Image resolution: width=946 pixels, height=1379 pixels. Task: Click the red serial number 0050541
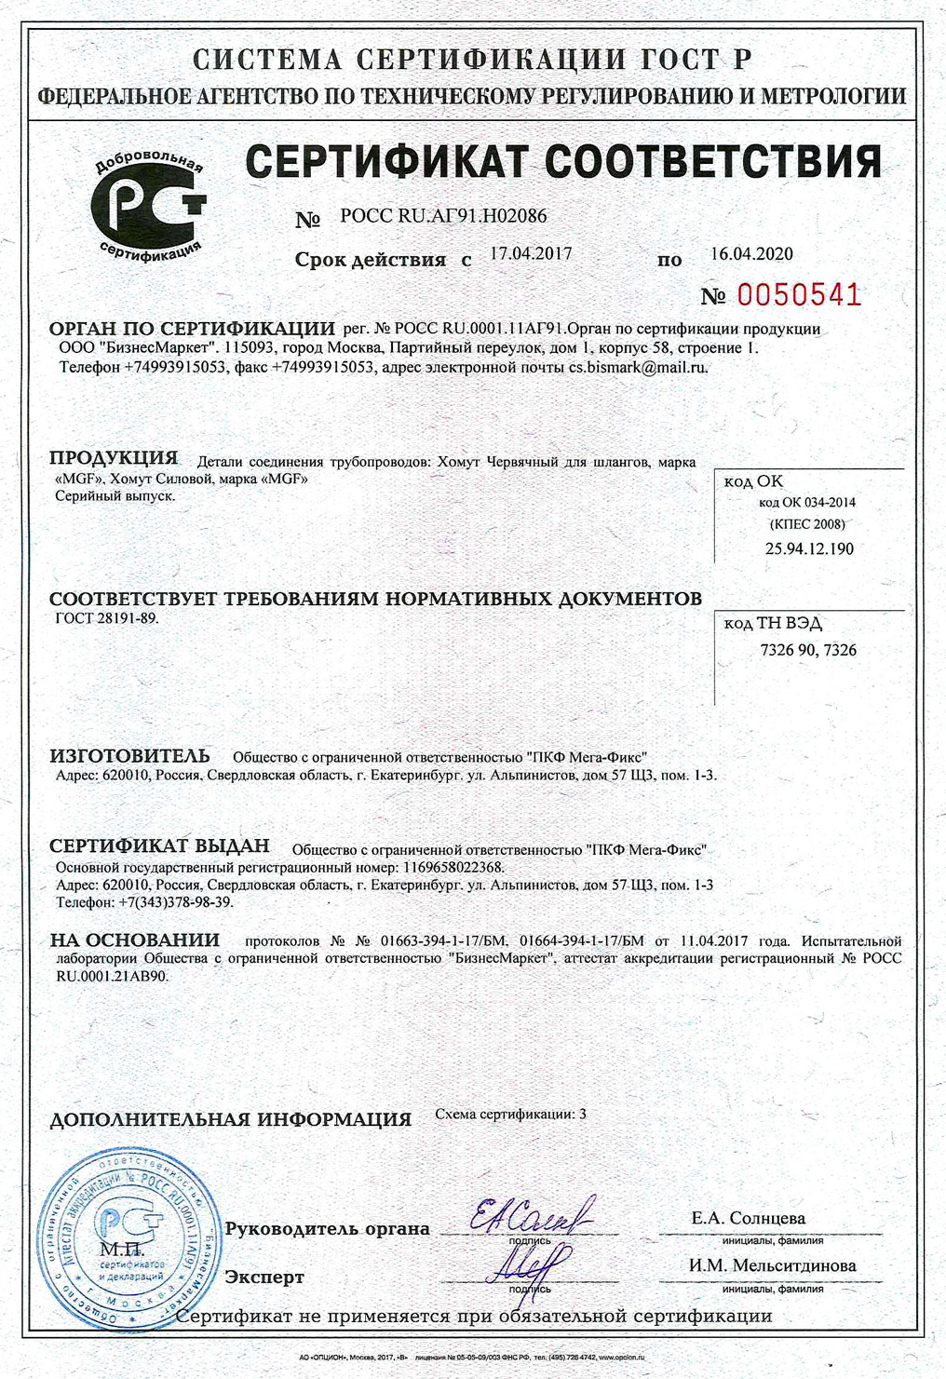click(799, 295)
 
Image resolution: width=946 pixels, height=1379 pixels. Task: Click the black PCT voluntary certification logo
click(149, 207)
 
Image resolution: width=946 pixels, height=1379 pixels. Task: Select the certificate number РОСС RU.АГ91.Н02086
click(443, 216)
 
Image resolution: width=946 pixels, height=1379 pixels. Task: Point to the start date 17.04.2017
click(531, 253)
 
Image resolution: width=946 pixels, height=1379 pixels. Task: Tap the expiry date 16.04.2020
click(751, 253)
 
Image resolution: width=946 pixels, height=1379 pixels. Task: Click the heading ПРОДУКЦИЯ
click(114, 458)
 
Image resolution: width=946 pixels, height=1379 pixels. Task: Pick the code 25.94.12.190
click(809, 548)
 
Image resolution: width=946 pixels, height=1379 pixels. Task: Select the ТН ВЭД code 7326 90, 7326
click(808, 650)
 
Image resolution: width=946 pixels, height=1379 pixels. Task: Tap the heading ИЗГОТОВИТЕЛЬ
click(129, 755)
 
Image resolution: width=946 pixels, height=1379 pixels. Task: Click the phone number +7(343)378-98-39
click(175, 902)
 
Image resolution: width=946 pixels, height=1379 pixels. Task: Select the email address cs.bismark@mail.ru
click(638, 367)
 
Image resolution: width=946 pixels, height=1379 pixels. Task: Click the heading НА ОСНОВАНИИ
click(135, 940)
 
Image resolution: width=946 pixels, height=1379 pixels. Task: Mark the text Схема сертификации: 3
click(510, 1114)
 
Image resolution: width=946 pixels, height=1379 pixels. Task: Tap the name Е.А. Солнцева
click(748, 1218)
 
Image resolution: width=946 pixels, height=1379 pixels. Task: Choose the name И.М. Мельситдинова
click(772, 1265)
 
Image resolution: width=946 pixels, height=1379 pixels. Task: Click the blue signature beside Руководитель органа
click(530, 1215)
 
